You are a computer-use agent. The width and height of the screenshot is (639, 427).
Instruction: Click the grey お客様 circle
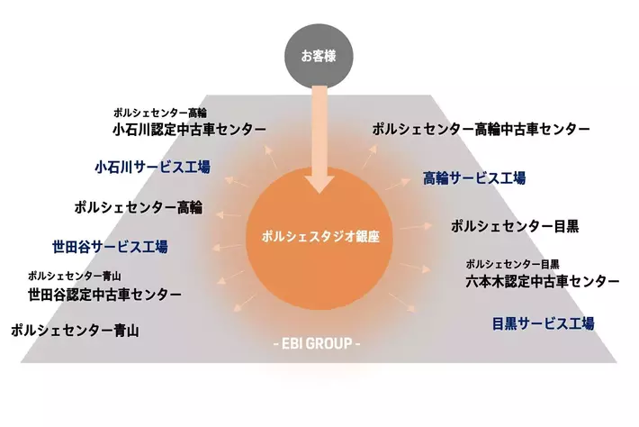click(x=319, y=56)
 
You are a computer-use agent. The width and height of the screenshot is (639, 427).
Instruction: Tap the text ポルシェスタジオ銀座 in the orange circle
click(x=320, y=237)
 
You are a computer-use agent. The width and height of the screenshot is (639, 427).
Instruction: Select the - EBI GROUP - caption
click(x=316, y=343)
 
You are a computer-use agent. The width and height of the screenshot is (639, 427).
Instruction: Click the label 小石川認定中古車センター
click(x=190, y=130)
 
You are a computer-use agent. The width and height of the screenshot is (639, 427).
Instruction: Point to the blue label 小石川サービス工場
click(x=152, y=167)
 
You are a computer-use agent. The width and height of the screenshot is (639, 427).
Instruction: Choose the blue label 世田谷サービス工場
click(x=110, y=247)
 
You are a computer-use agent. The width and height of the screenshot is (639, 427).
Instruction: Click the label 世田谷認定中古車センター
click(x=104, y=295)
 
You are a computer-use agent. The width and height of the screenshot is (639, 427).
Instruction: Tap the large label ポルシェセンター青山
click(x=75, y=330)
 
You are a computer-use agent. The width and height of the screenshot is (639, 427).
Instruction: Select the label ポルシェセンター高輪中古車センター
click(x=481, y=130)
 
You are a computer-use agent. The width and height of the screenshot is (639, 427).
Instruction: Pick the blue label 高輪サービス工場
click(x=474, y=178)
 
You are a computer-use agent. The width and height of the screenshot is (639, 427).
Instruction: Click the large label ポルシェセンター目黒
click(x=515, y=226)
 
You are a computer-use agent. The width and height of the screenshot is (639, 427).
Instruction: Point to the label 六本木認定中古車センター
click(x=543, y=281)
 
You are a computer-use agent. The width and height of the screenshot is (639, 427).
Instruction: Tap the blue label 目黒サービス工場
click(x=544, y=323)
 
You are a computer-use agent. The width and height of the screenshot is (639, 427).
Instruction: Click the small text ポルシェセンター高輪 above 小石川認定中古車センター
click(x=160, y=113)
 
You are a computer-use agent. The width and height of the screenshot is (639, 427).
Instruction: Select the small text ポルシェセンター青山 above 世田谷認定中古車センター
click(x=75, y=276)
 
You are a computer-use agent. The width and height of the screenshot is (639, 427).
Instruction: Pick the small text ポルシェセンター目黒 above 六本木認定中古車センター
click(x=512, y=264)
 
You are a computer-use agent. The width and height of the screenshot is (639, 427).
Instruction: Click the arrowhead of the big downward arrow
click(x=319, y=184)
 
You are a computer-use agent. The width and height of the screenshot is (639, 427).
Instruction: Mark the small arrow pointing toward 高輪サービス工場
click(x=398, y=184)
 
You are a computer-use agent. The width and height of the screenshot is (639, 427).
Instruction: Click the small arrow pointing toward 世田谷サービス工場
click(x=228, y=247)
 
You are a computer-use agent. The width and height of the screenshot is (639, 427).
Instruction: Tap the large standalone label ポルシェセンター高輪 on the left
click(x=139, y=207)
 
